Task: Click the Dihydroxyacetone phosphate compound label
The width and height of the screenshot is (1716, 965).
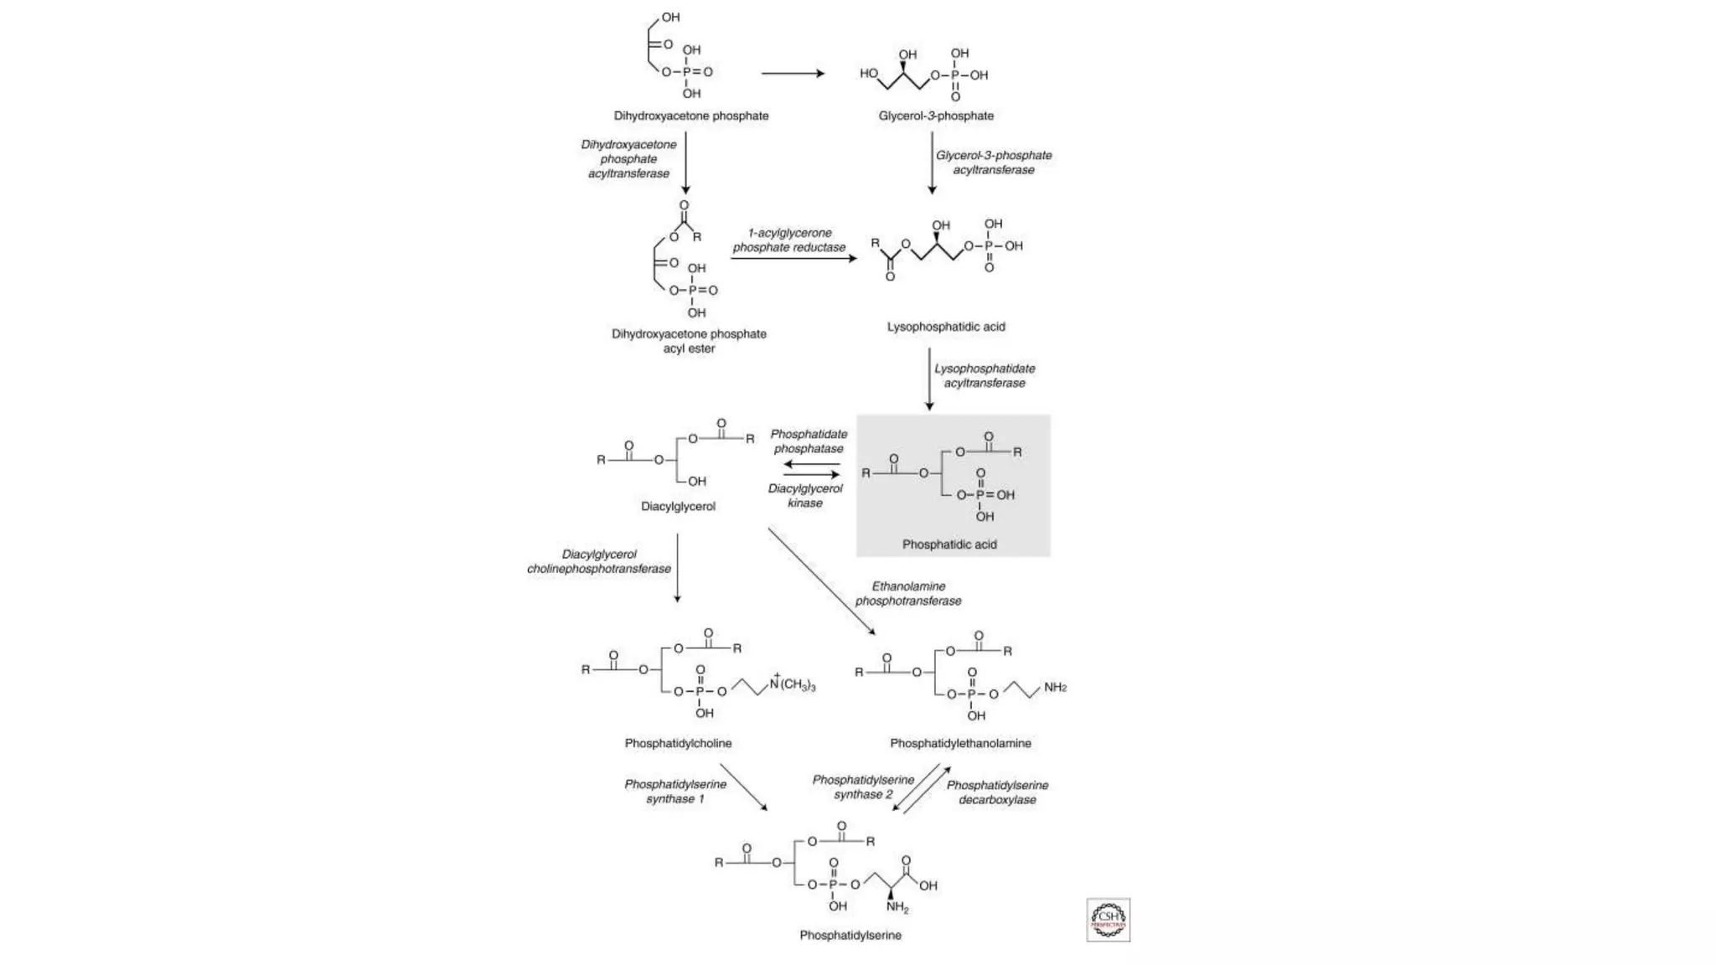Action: (x=690, y=116)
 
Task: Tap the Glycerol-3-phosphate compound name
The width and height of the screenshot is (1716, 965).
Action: (x=936, y=116)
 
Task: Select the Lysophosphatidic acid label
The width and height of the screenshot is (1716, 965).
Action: (x=946, y=327)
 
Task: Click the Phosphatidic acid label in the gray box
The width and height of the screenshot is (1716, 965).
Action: (x=949, y=544)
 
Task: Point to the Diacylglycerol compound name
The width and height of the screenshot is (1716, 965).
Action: (x=678, y=506)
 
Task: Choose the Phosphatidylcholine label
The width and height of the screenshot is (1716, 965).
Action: (x=678, y=743)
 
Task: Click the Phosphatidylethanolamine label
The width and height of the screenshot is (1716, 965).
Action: (x=960, y=743)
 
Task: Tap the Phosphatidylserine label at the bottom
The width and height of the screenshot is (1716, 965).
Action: (x=850, y=935)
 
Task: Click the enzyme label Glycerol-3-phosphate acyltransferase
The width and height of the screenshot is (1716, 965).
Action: (x=994, y=163)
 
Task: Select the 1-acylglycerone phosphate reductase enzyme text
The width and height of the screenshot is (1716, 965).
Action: (x=789, y=240)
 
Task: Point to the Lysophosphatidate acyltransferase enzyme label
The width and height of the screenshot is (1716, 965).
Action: (x=985, y=375)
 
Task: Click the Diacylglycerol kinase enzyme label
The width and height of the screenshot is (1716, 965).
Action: (x=805, y=495)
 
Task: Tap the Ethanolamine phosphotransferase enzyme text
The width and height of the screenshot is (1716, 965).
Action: (x=908, y=593)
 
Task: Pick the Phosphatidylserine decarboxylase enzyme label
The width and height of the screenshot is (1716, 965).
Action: (x=997, y=792)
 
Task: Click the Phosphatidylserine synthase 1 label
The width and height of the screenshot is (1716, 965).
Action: (x=675, y=792)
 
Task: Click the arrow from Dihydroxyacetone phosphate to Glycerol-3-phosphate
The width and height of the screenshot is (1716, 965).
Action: (x=793, y=74)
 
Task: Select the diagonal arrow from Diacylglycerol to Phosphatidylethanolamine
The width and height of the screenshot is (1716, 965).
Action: (x=821, y=581)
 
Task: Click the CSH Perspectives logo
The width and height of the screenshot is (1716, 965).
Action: (x=1108, y=920)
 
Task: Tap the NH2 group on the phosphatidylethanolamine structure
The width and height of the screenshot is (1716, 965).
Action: (x=1054, y=688)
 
